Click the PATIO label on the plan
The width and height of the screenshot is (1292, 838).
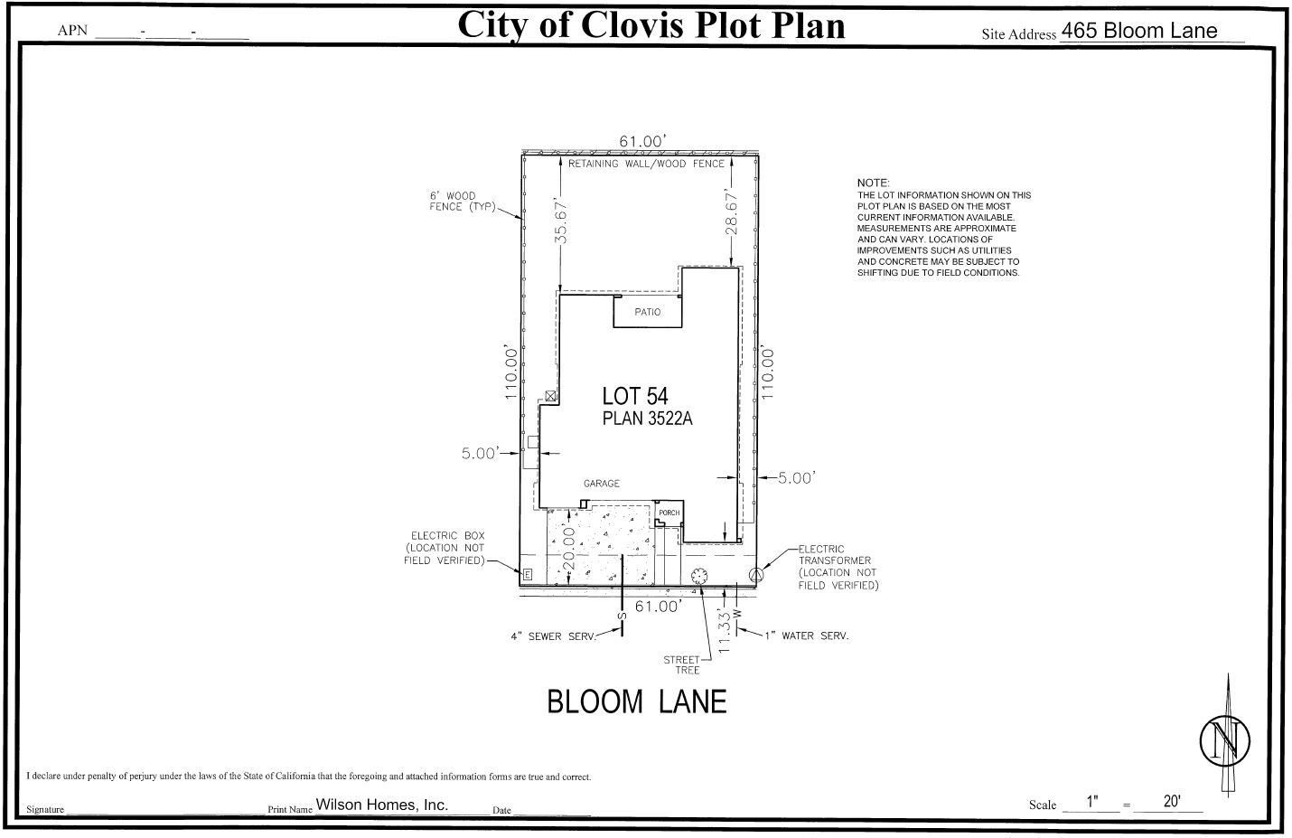(x=647, y=312)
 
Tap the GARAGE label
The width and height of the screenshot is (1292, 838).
(x=601, y=484)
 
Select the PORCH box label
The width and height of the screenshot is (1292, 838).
(x=669, y=513)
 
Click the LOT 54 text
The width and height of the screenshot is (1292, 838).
(x=635, y=396)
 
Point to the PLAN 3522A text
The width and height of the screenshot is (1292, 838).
(x=647, y=419)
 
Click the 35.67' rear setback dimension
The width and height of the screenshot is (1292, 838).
(x=561, y=221)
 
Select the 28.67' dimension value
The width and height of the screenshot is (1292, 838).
(x=732, y=212)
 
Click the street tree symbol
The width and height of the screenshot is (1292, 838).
(x=698, y=576)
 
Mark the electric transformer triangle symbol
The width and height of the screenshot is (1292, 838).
(x=758, y=573)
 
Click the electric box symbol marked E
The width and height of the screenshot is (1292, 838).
(x=528, y=574)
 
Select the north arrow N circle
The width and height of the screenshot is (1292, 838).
(x=1224, y=740)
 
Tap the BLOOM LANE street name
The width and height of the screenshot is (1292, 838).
(x=637, y=702)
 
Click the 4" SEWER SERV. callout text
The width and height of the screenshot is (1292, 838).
(x=553, y=636)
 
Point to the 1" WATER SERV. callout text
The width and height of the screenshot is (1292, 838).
(x=806, y=636)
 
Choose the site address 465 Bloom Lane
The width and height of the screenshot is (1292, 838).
(x=1138, y=31)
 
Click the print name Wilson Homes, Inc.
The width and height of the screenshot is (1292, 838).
(x=381, y=805)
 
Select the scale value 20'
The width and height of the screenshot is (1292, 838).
(x=1172, y=801)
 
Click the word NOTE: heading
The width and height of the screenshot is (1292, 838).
(x=874, y=183)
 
